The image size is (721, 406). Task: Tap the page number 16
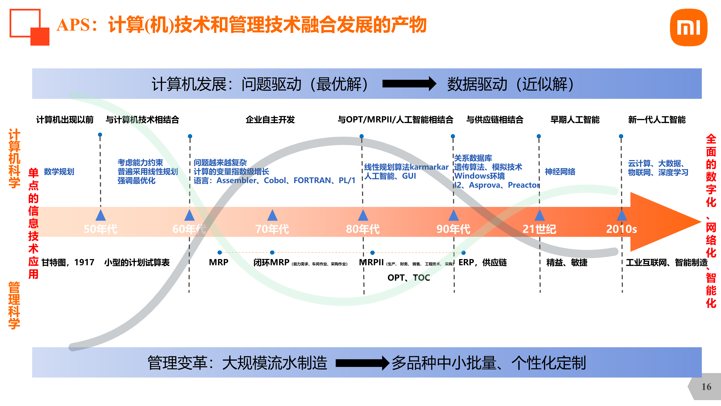706,387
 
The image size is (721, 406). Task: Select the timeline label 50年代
100,229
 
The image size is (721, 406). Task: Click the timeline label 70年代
272,229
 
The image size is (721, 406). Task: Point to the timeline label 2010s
621,229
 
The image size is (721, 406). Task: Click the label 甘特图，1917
68,262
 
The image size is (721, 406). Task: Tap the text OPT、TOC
409,278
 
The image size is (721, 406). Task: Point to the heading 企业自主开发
270,120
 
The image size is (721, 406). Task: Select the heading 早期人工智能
575,120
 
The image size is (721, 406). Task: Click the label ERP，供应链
482,262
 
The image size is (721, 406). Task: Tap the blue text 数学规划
59,172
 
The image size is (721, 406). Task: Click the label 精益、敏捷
567,262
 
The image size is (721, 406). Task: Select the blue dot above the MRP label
220,252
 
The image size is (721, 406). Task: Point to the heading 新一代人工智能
657,120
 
